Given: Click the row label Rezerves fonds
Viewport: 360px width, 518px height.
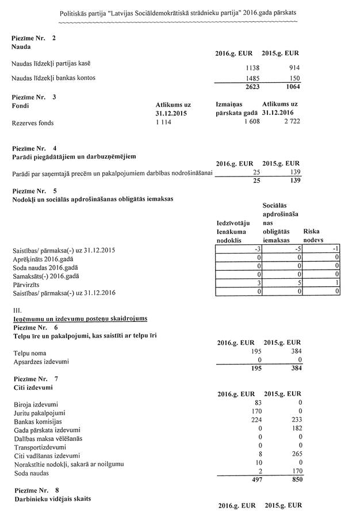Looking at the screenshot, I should pos(35,122).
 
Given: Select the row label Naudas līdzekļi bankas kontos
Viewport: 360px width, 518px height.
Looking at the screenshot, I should pos(53,77).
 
